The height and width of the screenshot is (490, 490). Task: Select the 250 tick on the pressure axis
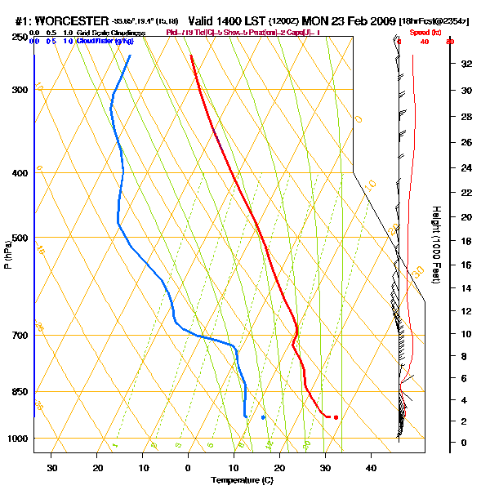click(19, 38)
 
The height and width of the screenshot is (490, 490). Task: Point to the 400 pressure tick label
click(19, 173)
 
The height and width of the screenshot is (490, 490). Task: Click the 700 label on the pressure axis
click(19, 336)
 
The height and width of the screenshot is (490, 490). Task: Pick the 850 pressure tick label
click(19, 392)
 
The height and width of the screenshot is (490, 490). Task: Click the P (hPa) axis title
click(7, 253)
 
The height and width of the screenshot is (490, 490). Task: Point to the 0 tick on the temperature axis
click(189, 468)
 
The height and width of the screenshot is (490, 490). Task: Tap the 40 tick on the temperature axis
click(371, 468)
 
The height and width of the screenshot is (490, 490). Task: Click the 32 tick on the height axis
click(465, 63)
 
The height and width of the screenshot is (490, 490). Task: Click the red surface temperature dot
click(336, 417)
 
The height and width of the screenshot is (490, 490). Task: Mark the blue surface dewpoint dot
click(263, 417)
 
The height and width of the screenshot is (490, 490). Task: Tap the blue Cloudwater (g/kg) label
click(106, 40)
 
